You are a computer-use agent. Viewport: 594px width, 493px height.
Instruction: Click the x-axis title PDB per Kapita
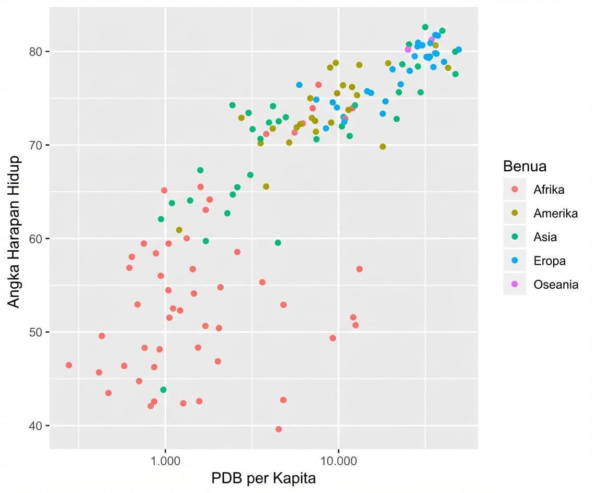pyautogui.click(x=264, y=478)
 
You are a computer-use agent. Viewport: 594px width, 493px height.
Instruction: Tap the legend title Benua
pyautogui.click(x=524, y=167)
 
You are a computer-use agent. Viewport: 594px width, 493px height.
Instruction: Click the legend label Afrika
pyautogui.click(x=549, y=190)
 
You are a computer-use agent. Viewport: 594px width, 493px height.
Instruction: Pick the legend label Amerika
pyautogui.click(x=555, y=213)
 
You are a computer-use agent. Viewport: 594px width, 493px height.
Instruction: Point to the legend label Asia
pyautogui.click(x=545, y=237)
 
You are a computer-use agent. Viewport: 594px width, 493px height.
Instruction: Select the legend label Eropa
pyautogui.click(x=549, y=261)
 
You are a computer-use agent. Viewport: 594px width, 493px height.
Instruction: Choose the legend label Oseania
pyautogui.click(x=556, y=285)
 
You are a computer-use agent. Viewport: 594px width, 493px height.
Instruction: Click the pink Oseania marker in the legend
pyautogui.click(x=515, y=284)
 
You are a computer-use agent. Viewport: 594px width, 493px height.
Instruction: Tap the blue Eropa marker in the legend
pyautogui.click(x=515, y=261)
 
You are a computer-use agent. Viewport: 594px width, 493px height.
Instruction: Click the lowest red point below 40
pyautogui.click(x=279, y=429)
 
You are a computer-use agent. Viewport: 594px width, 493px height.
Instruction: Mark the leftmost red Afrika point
pyautogui.click(x=68, y=365)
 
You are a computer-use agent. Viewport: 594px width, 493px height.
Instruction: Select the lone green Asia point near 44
pyautogui.click(x=163, y=390)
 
